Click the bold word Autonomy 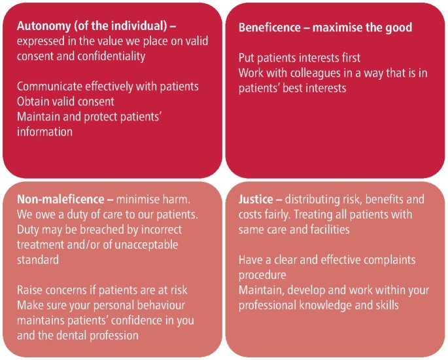pos(44,26)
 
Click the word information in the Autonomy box pos(44,132)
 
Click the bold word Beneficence pos(269,27)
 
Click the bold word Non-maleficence pos(61,199)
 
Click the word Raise pos(29,290)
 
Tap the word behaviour pos(161,306)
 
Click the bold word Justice pos(256,199)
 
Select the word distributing pos(309,200)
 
